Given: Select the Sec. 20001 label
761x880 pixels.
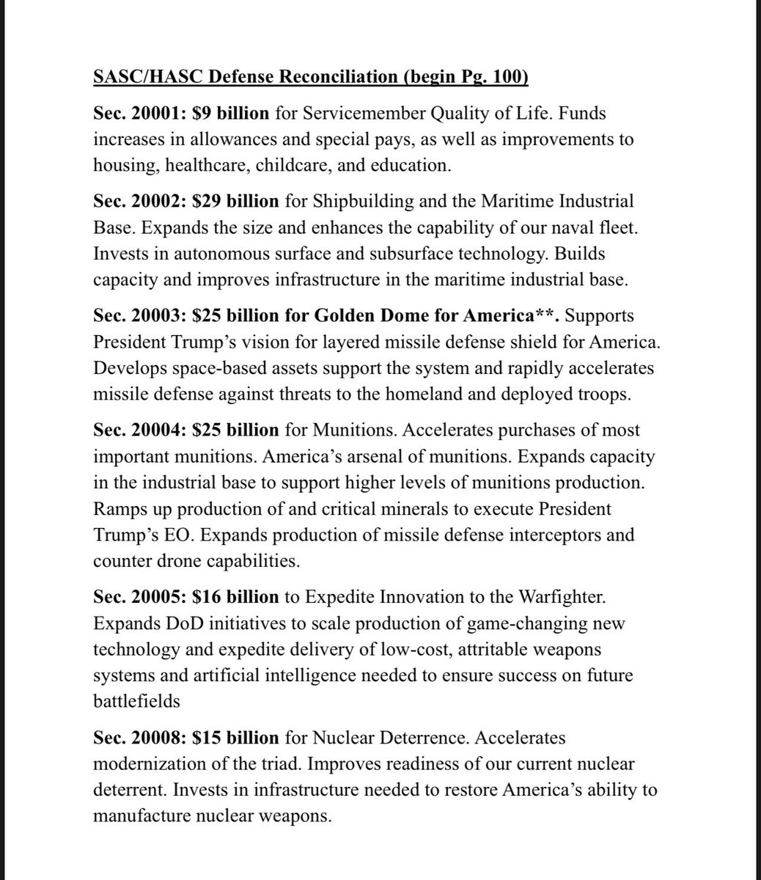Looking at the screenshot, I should pos(133,114).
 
